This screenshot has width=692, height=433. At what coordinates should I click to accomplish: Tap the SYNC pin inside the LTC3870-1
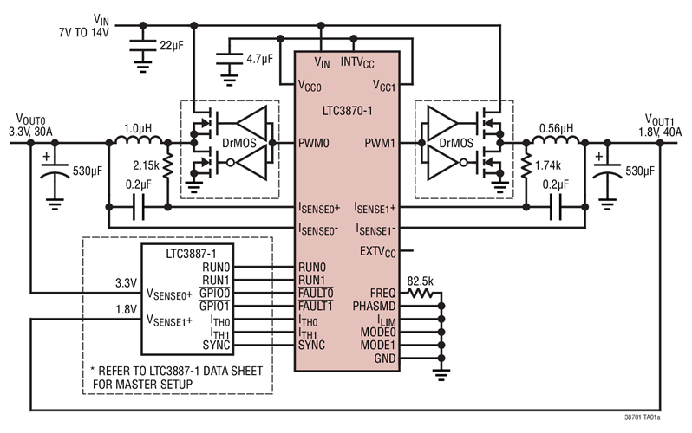click(x=312, y=345)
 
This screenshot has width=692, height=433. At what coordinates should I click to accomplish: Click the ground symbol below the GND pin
click(x=441, y=373)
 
